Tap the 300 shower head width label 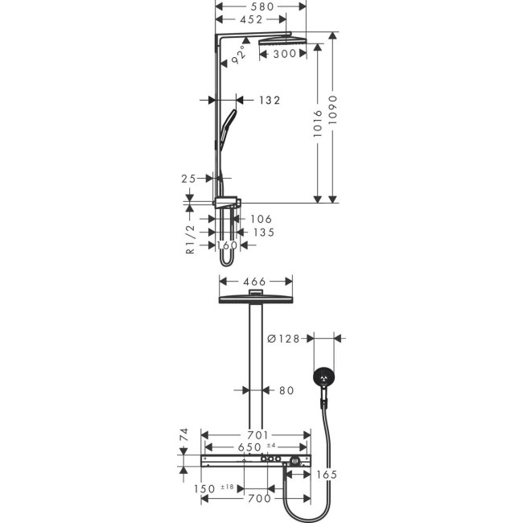[283, 55]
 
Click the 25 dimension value [189, 179]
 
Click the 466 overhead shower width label [255, 282]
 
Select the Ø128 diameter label [284, 339]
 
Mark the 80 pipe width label [286, 390]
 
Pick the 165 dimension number [325, 475]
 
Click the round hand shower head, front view [323, 377]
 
